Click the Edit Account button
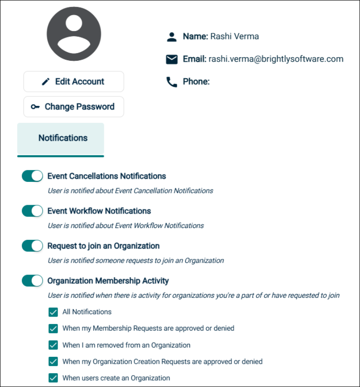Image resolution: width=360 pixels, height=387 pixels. click(x=74, y=82)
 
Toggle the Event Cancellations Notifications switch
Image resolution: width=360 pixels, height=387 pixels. click(x=32, y=176)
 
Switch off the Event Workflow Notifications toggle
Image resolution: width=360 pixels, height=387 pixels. click(x=32, y=211)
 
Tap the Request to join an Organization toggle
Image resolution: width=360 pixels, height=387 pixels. click(x=32, y=246)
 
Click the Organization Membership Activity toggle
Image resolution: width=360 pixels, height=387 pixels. click(x=32, y=281)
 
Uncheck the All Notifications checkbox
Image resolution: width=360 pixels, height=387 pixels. click(x=54, y=312)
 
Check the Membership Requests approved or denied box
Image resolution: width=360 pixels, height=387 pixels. click(x=54, y=329)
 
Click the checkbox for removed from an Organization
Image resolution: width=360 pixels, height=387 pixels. click(x=54, y=345)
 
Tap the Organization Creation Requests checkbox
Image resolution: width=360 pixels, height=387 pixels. click(x=54, y=361)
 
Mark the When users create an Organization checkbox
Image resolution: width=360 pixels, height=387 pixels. click(x=54, y=378)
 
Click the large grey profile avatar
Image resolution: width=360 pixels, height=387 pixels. click(x=74, y=34)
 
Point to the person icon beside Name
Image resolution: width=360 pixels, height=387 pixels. click(x=172, y=37)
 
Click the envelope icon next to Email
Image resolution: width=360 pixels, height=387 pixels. click(x=172, y=59)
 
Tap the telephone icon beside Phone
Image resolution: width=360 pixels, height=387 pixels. click(x=172, y=82)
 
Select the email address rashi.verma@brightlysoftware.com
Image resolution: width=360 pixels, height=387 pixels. click(x=276, y=59)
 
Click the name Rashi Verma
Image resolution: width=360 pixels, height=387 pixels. click(x=235, y=37)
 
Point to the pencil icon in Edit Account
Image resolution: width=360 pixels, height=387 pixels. click(x=46, y=82)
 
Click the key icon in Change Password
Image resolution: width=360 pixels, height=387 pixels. click(x=35, y=107)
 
